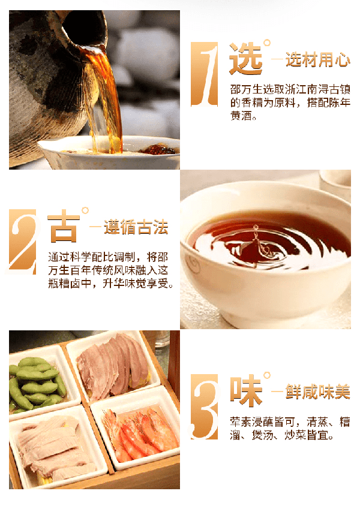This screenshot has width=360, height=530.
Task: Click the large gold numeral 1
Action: pos(204,74)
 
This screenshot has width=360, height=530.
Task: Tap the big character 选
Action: pos(246,59)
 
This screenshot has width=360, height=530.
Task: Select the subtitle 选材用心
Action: pos(318,60)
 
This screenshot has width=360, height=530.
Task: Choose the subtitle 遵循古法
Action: pos(136,227)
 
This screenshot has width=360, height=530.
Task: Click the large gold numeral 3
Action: pos(204,406)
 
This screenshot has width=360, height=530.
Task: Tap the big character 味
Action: pos(246,391)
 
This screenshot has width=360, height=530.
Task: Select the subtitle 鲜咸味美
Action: pos(318,392)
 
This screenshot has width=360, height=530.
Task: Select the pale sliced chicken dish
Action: pos(54,446)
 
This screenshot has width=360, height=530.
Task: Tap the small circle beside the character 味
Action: pos(267,375)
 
